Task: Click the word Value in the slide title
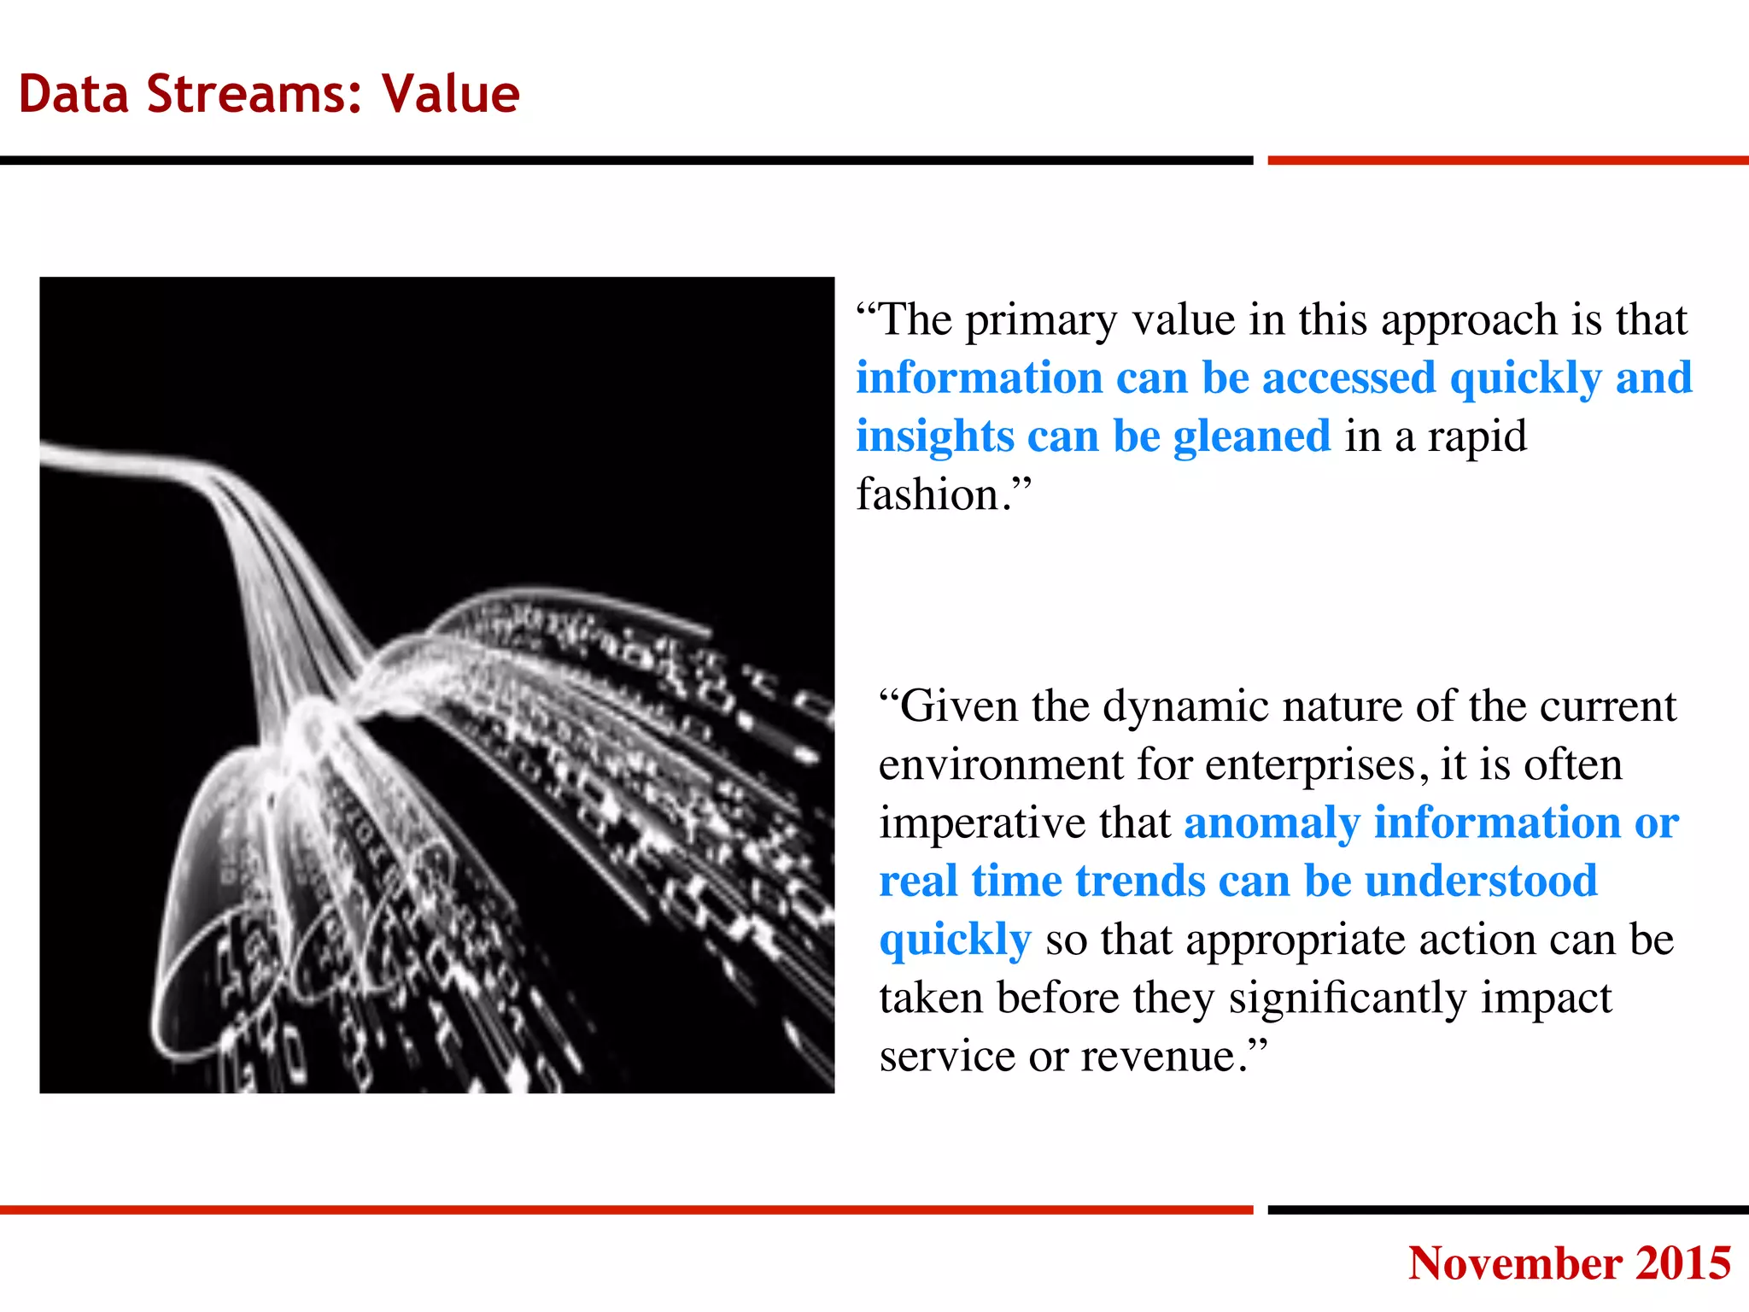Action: [x=451, y=93]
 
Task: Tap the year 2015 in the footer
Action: [x=1683, y=1262]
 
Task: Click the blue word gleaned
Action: [x=1251, y=437]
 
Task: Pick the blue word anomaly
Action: [x=1271, y=823]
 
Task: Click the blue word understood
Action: [x=1481, y=881]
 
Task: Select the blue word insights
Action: [x=934, y=437]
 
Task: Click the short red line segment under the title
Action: [x=1507, y=161]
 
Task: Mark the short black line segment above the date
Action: [x=1507, y=1209]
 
